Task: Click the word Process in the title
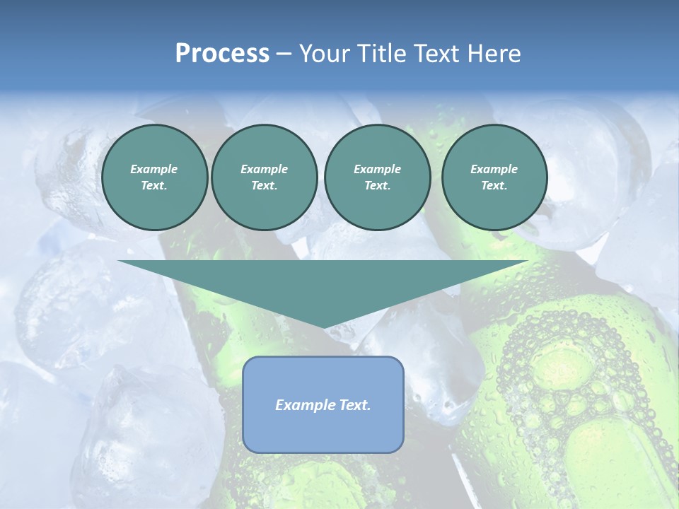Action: coord(222,54)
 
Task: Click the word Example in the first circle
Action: coord(154,169)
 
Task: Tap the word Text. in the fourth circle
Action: coord(494,185)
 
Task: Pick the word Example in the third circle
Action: coord(377,169)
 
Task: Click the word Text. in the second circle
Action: coord(264,185)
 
